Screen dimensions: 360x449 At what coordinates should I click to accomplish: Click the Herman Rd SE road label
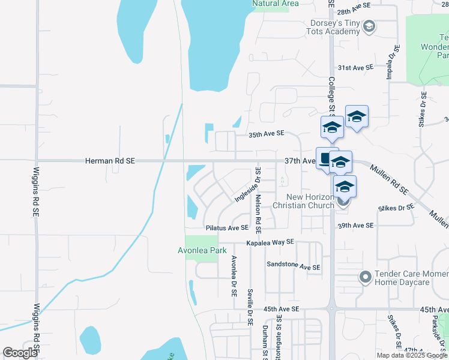110,161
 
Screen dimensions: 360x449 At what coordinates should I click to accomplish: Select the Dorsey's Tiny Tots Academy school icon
369,26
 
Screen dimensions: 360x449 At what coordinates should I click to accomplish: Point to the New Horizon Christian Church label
302,201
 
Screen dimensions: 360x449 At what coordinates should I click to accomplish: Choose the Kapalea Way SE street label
270,242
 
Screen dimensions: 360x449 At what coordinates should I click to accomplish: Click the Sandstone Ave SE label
294,267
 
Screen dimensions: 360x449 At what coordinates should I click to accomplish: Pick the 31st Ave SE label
355,68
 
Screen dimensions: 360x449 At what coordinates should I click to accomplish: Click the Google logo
20,353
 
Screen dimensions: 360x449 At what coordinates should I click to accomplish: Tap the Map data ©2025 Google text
411,355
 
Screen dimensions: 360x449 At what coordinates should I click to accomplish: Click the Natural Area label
276,4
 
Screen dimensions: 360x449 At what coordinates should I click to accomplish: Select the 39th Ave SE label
355,226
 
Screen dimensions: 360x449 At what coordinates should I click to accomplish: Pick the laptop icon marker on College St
327,159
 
